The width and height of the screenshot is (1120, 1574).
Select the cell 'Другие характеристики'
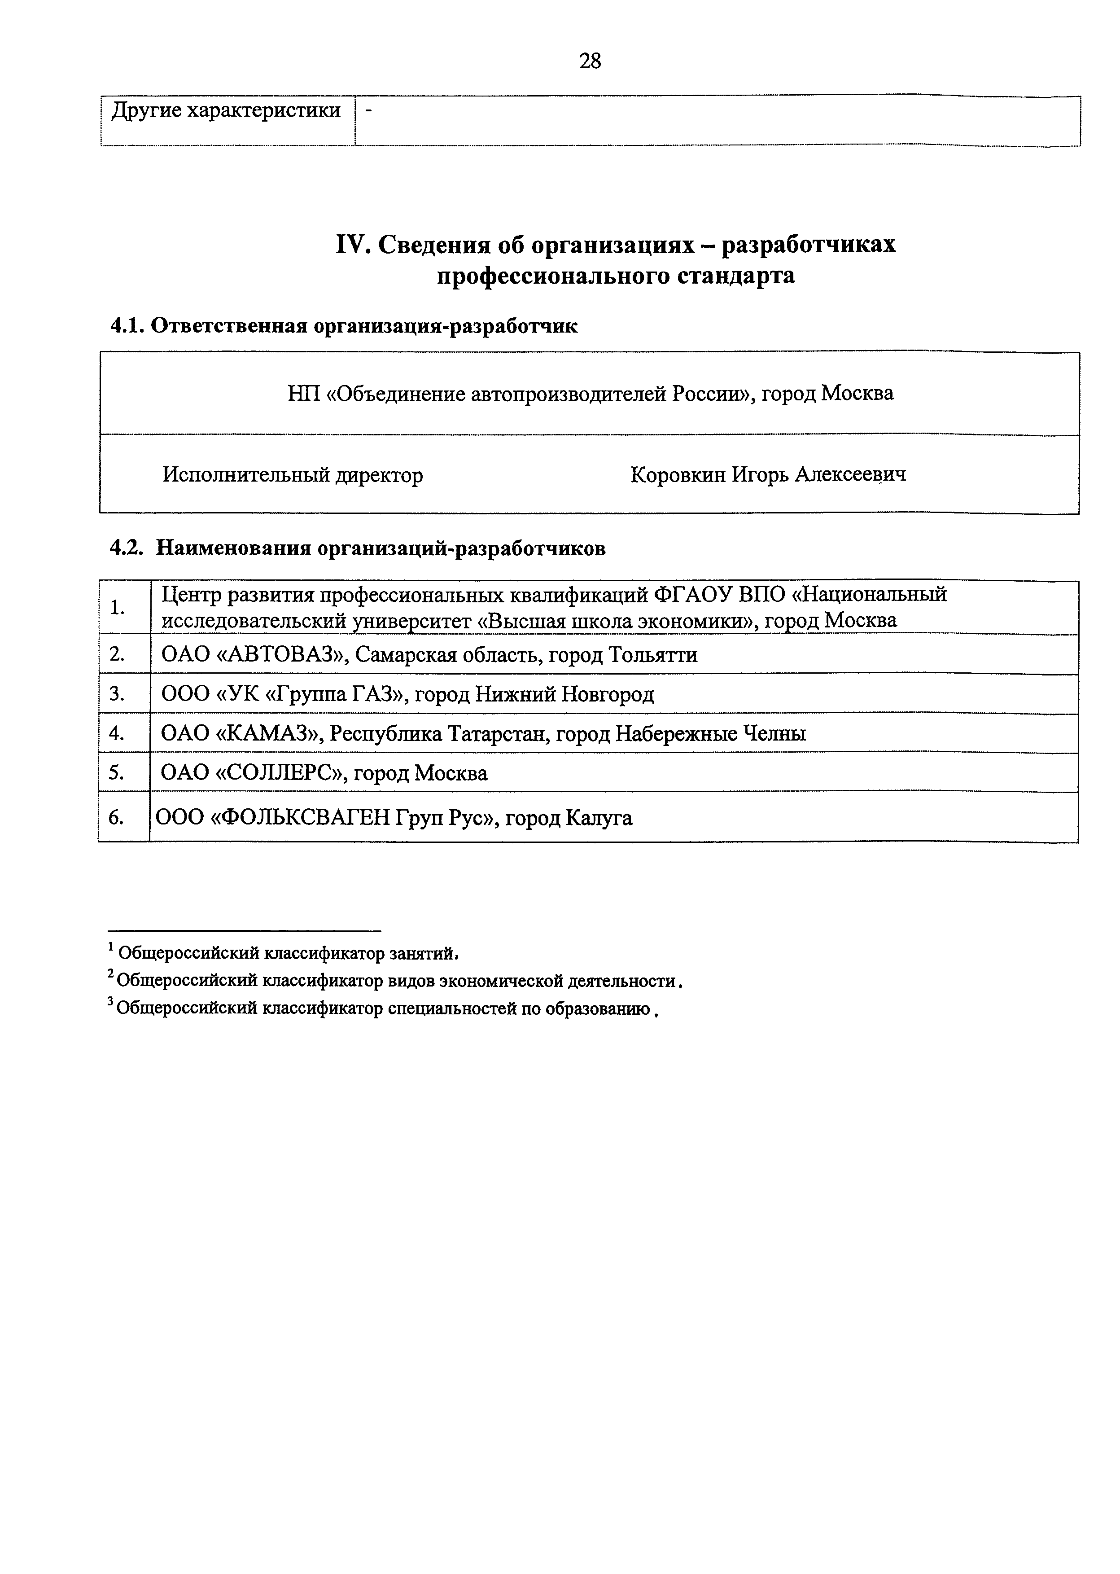pyautogui.click(x=226, y=110)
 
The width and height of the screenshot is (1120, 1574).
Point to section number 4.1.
pyautogui.click(x=127, y=325)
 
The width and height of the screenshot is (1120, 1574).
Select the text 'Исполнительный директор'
pyautogui.click(x=293, y=475)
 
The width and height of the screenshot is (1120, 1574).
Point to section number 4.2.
pyautogui.click(x=127, y=548)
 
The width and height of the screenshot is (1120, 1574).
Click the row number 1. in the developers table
pyautogui.click(x=117, y=608)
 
